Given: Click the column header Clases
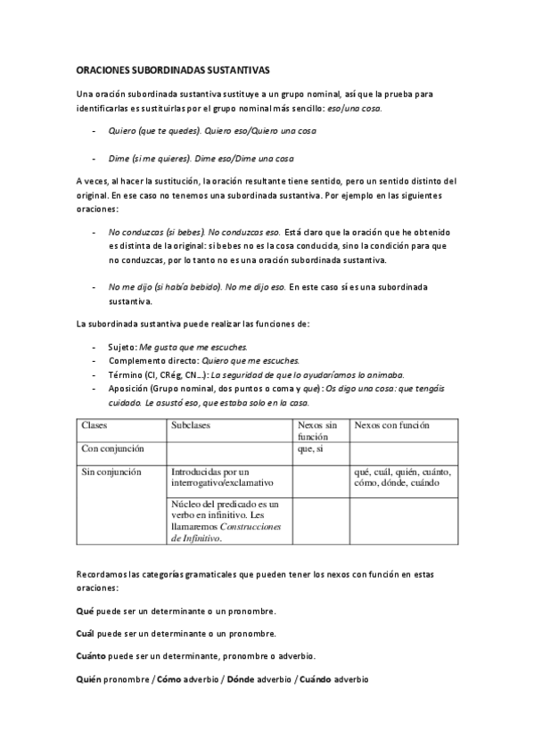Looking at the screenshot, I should coord(96,426).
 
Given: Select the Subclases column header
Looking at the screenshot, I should coord(193,426).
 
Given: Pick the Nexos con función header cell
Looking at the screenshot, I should coord(391,426).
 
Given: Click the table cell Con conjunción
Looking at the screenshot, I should coord(112,448).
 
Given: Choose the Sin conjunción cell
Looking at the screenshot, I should coord(111,472).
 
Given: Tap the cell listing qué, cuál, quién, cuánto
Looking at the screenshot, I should coord(402,477).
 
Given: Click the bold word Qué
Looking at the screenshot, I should coord(86,611).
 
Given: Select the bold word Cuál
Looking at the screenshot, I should coord(86,634).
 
